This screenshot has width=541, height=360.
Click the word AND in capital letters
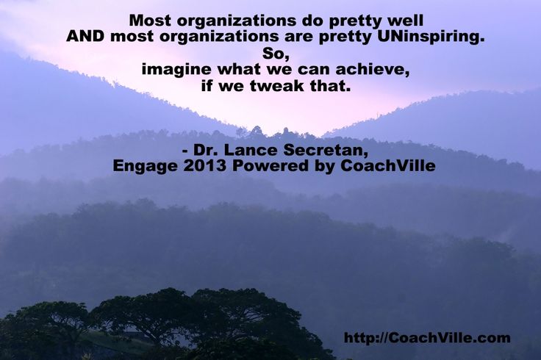click(x=85, y=36)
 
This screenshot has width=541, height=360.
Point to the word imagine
click(x=176, y=70)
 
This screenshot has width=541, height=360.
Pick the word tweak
click(x=277, y=86)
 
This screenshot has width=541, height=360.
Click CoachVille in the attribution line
click(x=388, y=166)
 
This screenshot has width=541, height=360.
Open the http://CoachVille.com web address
click(x=427, y=337)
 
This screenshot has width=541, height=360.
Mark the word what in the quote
click(x=239, y=70)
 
